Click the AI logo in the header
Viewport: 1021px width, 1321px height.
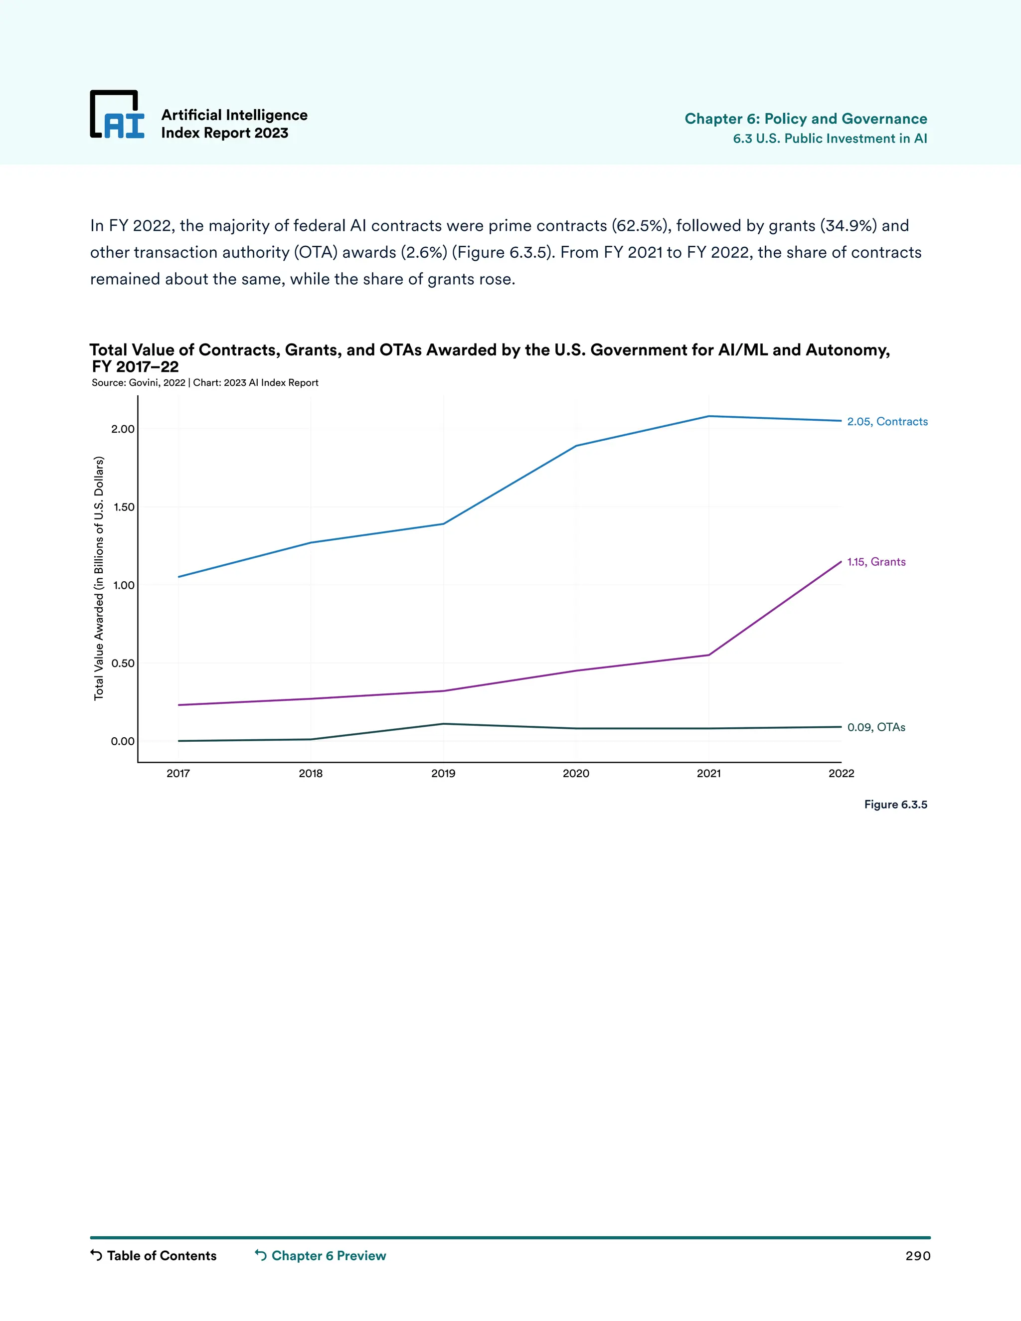pyautogui.click(x=117, y=114)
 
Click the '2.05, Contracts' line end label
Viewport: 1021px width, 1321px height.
pyautogui.click(x=887, y=422)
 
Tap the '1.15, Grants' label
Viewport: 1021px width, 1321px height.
pyautogui.click(x=876, y=562)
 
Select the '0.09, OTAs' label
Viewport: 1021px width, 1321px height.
pyautogui.click(x=876, y=727)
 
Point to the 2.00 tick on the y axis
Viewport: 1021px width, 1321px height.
pyautogui.click(x=123, y=429)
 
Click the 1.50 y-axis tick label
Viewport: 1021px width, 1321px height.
pyautogui.click(x=124, y=507)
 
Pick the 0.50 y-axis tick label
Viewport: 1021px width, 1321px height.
pyautogui.click(x=123, y=663)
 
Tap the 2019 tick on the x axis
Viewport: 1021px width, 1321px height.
pyautogui.click(x=443, y=774)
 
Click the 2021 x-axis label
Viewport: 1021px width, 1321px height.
pyautogui.click(x=709, y=774)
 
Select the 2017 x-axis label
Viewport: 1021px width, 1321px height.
pyautogui.click(x=178, y=774)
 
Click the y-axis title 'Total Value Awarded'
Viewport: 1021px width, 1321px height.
pyautogui.click(x=99, y=578)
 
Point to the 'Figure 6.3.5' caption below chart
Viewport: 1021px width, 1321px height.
pyautogui.click(x=895, y=805)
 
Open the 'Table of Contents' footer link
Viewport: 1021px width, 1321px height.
pyautogui.click(x=161, y=1256)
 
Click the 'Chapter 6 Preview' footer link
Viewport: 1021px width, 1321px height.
pyautogui.click(x=329, y=1256)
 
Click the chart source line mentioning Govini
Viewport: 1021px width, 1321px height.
pyautogui.click(x=205, y=383)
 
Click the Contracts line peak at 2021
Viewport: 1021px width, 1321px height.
pyautogui.click(x=709, y=416)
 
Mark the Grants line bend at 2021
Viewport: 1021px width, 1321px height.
pyautogui.click(x=709, y=655)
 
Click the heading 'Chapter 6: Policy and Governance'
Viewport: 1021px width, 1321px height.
pyautogui.click(x=806, y=119)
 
